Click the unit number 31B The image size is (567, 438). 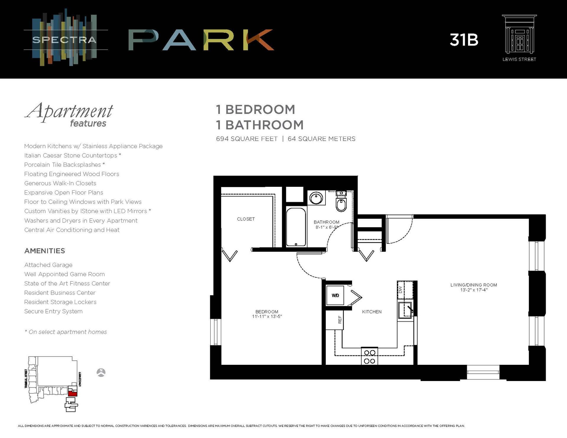coord(464,40)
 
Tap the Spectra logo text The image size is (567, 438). coord(64,40)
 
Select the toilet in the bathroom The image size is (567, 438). coord(341,204)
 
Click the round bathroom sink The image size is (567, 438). coord(316,198)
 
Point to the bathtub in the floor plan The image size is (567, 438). coord(296,227)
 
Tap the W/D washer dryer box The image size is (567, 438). coord(335,295)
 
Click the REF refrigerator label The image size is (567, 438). coord(340,320)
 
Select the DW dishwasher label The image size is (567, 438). coord(400,290)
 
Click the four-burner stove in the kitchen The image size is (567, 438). coord(369,357)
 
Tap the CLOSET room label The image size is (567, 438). coord(246,219)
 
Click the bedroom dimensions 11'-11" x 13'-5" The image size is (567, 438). coord(267,317)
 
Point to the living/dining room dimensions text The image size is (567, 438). coord(473,290)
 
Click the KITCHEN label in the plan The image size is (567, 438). coord(372,312)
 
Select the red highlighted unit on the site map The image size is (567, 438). coord(73,393)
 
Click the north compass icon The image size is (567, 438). coord(101,372)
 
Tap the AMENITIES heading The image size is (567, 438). coord(45,251)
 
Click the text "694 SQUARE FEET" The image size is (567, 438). coord(247,139)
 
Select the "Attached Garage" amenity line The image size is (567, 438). coord(48,265)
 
